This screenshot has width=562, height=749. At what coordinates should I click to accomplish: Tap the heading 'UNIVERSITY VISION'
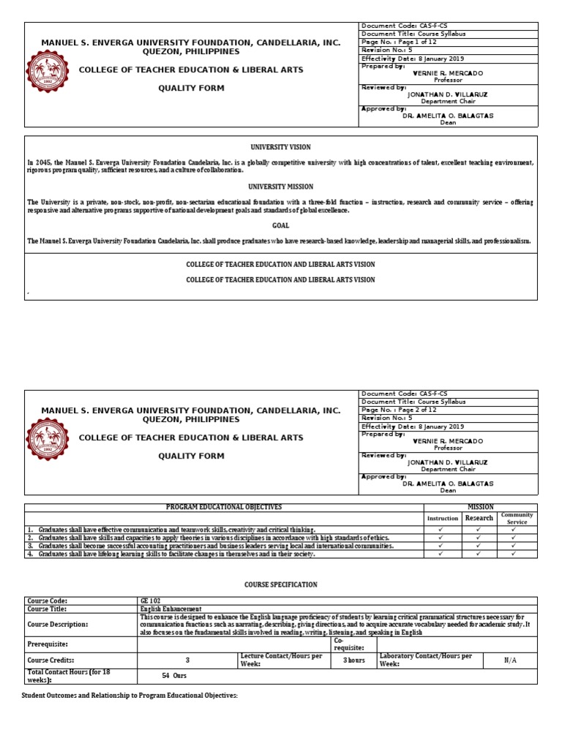tap(281, 147)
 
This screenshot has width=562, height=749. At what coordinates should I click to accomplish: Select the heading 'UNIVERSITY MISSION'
tap(281, 187)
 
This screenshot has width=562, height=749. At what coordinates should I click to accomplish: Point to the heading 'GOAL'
tap(281, 226)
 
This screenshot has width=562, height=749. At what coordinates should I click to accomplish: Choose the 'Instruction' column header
tap(443, 518)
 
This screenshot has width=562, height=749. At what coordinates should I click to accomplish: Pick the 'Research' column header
tap(479, 518)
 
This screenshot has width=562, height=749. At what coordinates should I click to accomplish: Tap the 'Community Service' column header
tap(517, 518)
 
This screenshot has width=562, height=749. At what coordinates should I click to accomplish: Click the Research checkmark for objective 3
tap(479, 546)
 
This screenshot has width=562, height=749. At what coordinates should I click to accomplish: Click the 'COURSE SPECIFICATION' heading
tap(281, 584)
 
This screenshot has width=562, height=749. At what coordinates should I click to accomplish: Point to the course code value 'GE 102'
tap(149, 600)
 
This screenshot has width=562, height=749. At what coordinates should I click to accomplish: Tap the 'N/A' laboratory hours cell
tap(510, 660)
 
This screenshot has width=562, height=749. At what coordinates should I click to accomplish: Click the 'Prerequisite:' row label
tap(49, 644)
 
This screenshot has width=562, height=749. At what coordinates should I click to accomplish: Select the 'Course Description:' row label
tap(57, 624)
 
